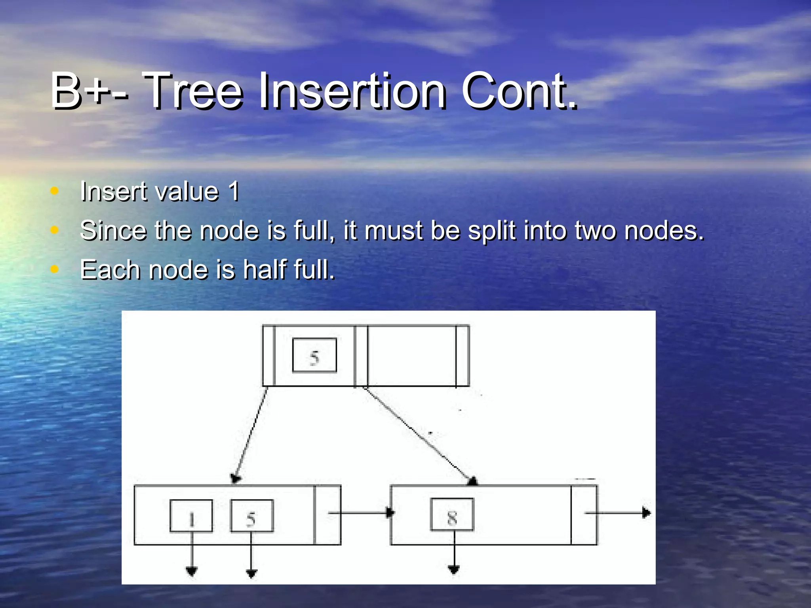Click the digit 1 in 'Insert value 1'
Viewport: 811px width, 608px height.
click(x=234, y=192)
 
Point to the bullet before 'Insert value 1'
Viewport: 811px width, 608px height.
click(x=55, y=192)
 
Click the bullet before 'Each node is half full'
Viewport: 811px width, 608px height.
click(x=55, y=270)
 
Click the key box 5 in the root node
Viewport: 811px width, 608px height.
click(x=314, y=355)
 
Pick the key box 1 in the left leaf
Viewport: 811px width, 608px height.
click(x=191, y=516)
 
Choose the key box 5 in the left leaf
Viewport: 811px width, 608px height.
click(x=252, y=516)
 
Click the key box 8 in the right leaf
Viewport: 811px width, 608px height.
click(x=452, y=515)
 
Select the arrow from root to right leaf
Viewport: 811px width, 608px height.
click(x=420, y=435)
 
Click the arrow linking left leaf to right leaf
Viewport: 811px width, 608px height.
click(x=360, y=513)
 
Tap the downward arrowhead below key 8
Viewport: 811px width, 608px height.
click(x=454, y=569)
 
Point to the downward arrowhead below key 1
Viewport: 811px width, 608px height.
click(x=192, y=571)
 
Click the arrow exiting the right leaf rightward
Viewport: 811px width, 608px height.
click(x=618, y=513)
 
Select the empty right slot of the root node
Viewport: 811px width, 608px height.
click(x=412, y=355)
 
